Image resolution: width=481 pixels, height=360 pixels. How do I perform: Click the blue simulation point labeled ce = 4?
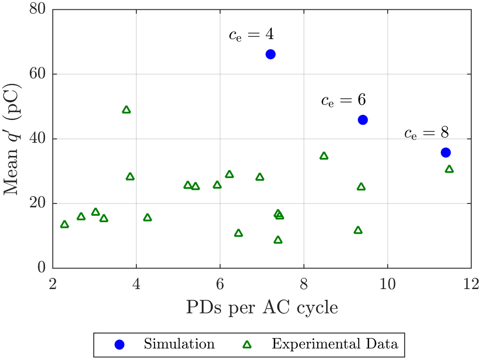pos(270,54)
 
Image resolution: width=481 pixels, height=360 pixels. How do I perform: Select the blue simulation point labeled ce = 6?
pos(363,120)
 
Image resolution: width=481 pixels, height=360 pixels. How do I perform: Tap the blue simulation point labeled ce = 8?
pos(445,153)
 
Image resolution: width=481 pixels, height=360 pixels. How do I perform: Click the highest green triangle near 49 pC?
pos(127,110)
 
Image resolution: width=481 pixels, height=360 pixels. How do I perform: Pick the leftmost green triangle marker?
pos(65,225)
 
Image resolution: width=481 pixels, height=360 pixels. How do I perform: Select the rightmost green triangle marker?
pos(449,169)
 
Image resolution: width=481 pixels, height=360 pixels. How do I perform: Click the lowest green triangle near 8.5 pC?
pos(278,240)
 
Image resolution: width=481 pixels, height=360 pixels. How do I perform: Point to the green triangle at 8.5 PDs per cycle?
pos(324,156)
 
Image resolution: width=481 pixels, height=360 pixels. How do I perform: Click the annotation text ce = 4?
pos(251,35)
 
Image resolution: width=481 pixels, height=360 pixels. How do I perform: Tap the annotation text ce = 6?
pos(343,101)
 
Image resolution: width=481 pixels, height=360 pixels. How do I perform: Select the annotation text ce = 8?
pos(426,133)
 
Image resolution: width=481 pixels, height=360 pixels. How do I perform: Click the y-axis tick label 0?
pos(42,268)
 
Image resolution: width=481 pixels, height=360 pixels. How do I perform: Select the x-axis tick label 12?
pos(471,283)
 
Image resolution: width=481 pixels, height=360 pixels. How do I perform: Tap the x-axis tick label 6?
pos(220,283)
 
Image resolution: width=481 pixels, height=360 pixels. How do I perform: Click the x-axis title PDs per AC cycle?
pos(262,308)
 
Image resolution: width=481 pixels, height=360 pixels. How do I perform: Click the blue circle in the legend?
pos(119,344)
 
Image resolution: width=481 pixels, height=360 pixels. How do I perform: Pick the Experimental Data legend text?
pos(335,344)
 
